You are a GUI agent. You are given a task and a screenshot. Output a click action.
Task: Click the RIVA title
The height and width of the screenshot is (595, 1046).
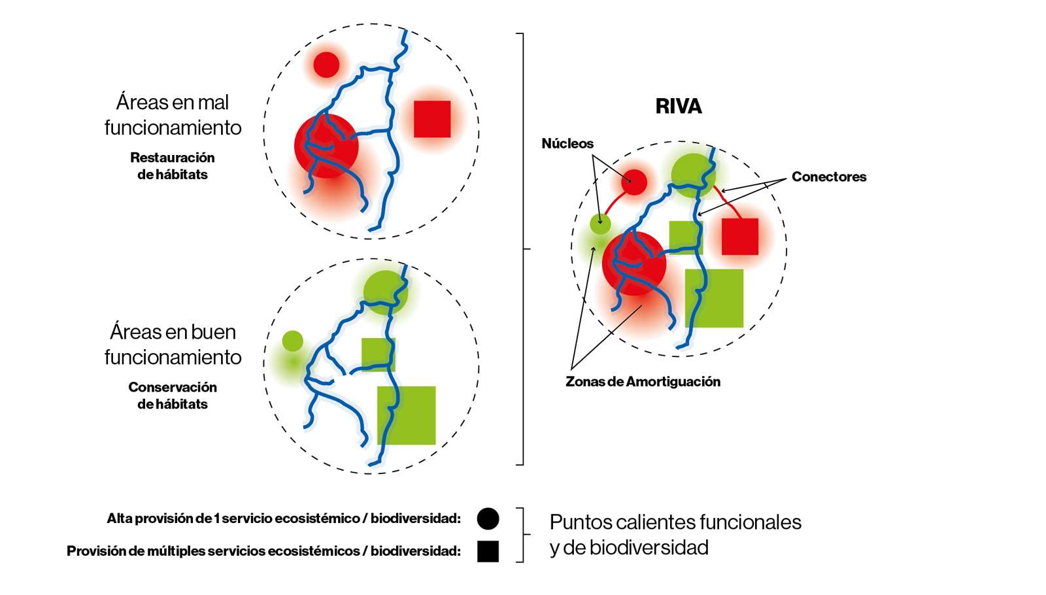(679, 107)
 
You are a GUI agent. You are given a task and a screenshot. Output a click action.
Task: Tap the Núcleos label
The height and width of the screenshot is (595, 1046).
(567, 144)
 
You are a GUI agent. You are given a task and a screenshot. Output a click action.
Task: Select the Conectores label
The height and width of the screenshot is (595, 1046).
(828, 177)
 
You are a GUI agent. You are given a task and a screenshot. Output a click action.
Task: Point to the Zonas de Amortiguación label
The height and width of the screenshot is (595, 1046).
(643, 382)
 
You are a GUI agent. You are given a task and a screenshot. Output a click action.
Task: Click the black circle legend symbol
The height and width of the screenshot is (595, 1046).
(488, 518)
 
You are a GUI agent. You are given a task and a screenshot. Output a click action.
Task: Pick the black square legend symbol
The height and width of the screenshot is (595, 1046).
(488, 551)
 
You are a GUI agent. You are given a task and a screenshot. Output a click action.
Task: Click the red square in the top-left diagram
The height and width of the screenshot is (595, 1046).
(432, 119)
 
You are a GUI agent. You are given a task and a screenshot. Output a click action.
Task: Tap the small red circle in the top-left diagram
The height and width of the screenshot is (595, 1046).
(326, 65)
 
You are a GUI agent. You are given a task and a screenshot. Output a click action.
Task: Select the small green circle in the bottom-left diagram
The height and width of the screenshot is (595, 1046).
(292, 341)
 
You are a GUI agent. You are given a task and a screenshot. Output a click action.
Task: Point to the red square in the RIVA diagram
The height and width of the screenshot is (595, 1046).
(740, 237)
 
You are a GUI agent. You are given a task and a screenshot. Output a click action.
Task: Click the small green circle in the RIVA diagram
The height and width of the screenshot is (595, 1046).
(600, 224)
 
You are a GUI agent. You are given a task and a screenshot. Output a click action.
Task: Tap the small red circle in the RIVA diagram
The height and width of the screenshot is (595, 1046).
(633, 182)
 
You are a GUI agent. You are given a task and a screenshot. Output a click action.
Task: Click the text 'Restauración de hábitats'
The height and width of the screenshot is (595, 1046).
(173, 166)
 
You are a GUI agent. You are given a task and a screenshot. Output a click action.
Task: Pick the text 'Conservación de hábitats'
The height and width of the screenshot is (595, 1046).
(173, 396)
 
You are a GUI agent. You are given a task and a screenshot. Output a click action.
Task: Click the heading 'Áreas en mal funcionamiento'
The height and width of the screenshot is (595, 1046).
(173, 114)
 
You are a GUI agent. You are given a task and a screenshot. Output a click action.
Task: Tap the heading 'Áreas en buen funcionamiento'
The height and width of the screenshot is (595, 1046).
(173, 345)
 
